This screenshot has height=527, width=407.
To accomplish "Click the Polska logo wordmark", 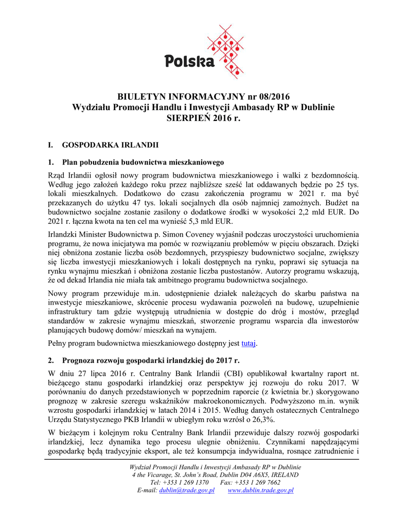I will pos(189,61).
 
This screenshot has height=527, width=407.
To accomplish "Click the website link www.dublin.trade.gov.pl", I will pos(260,490).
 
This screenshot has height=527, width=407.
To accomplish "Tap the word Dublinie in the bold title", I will pos(316,107).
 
